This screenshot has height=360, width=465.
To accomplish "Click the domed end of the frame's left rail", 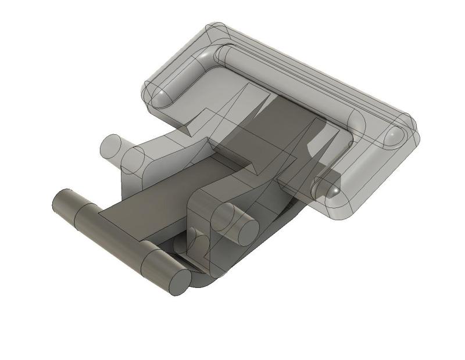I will [x=160, y=95].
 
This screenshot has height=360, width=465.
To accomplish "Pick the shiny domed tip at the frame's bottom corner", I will [x=325, y=188].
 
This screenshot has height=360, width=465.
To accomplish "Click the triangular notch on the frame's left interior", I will [x=195, y=119].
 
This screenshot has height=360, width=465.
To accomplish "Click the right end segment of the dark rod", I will [x=160, y=267].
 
